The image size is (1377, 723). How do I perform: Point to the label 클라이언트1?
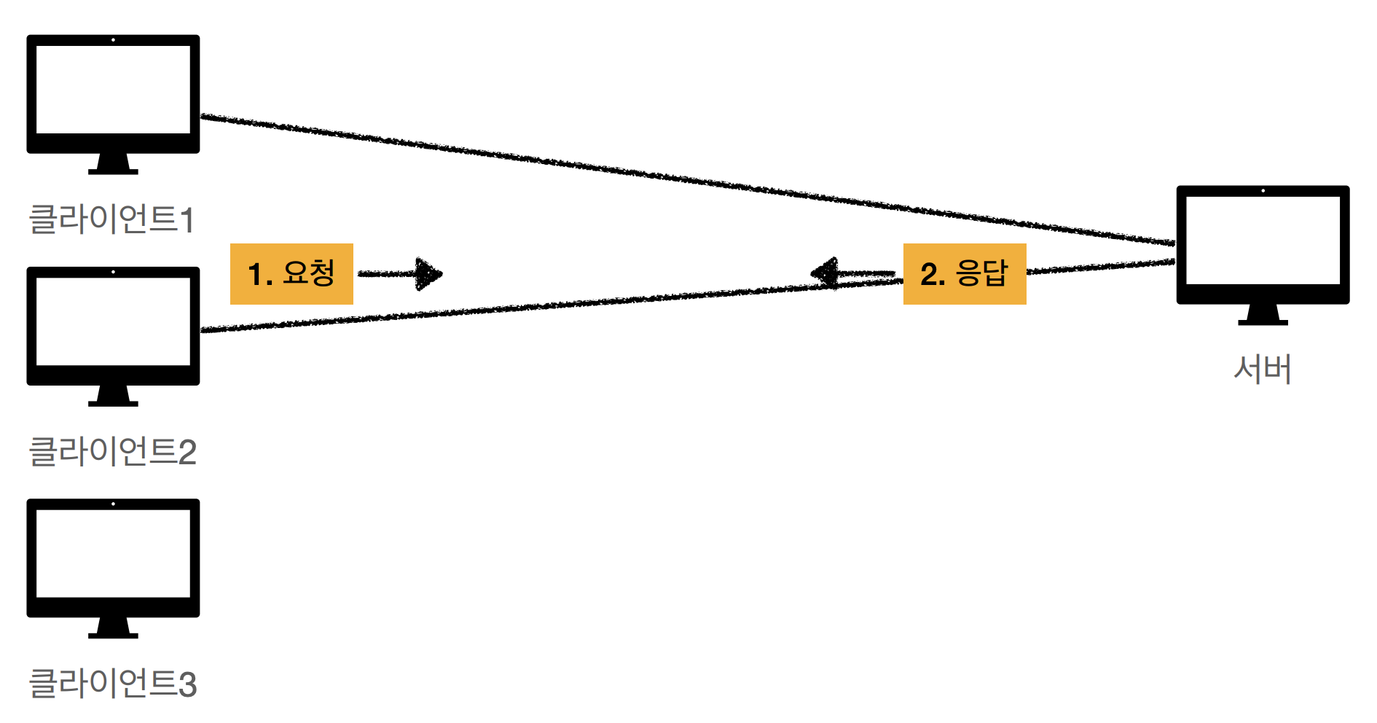(x=111, y=219)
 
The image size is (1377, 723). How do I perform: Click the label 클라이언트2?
(x=112, y=452)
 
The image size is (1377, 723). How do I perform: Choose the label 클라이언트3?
(x=112, y=684)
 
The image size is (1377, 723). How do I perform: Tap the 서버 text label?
(x=1263, y=369)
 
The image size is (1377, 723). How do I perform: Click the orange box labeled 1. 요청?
(x=291, y=274)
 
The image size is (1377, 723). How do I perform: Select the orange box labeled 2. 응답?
(x=965, y=274)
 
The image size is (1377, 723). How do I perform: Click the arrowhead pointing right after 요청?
(x=430, y=274)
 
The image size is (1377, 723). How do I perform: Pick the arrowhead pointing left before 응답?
(x=824, y=274)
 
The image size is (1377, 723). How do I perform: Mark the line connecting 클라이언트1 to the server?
(x=685, y=179)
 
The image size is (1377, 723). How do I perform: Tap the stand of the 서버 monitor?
(x=1263, y=315)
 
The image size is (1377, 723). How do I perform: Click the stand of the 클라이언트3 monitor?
(x=113, y=628)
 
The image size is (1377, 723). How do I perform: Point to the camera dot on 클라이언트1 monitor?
(x=113, y=40)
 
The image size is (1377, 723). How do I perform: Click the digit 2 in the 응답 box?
(x=929, y=275)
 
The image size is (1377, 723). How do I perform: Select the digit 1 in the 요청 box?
(x=255, y=275)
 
